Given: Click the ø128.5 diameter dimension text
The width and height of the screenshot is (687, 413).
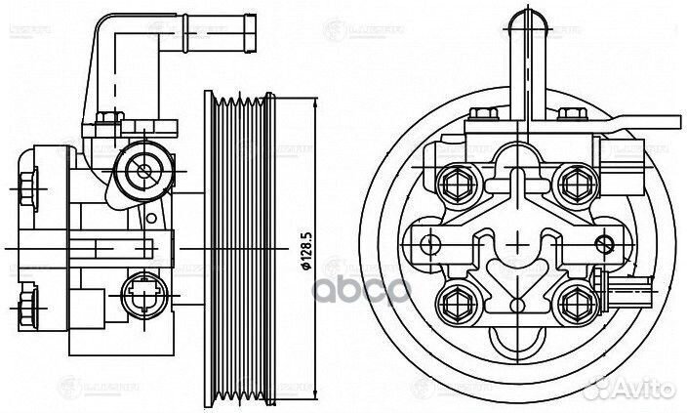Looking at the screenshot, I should click(x=305, y=250).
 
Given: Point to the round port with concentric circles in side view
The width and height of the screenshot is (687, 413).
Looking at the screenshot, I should click(x=143, y=173).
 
